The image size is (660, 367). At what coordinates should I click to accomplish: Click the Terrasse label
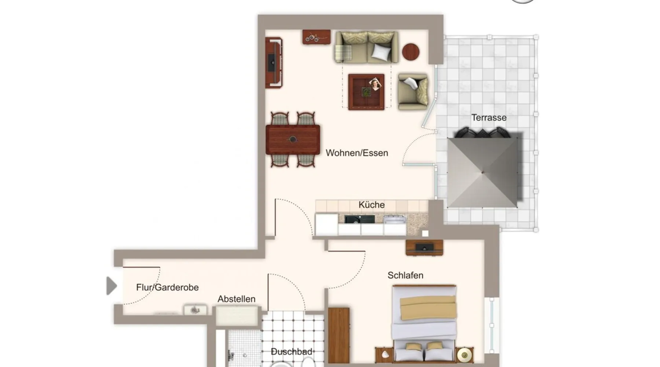pyautogui.click(x=489, y=118)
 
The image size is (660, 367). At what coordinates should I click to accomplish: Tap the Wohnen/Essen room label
pyautogui.click(x=357, y=153)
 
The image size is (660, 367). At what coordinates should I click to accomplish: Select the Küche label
pyautogui.click(x=371, y=205)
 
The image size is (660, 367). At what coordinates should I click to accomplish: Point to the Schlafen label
pyautogui.click(x=405, y=275)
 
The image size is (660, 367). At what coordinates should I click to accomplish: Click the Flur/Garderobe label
pyautogui.click(x=167, y=287)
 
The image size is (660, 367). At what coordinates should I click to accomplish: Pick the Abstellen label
pyautogui.click(x=236, y=299)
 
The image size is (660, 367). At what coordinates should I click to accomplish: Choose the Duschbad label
pyautogui.click(x=291, y=352)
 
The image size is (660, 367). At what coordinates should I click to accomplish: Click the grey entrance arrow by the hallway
pyautogui.click(x=111, y=286)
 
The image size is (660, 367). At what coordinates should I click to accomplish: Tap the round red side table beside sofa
pyautogui.click(x=411, y=52)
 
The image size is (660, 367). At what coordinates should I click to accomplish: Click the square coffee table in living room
pyautogui.click(x=366, y=92)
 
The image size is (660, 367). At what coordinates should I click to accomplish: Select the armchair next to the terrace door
pyautogui.click(x=413, y=92)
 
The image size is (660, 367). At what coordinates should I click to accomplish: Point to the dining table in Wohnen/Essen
pyautogui.click(x=293, y=139)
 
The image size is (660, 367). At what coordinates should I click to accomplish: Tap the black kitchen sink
pyautogui.click(x=359, y=219)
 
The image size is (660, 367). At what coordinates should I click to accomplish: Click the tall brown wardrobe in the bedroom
pyautogui.click(x=338, y=335)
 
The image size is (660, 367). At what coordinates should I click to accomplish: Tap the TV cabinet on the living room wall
pyautogui.click(x=274, y=62)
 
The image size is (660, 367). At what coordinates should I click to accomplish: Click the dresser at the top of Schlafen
pyautogui.click(x=424, y=247)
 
